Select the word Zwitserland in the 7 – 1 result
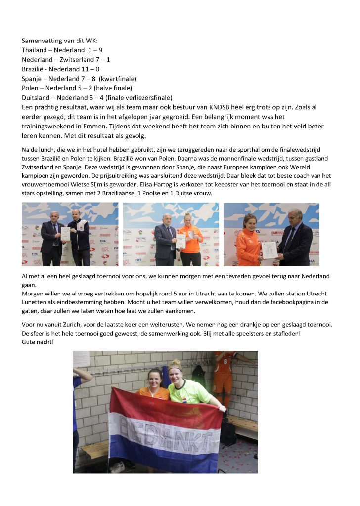click(x=79, y=59)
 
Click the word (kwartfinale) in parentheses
click(x=118, y=78)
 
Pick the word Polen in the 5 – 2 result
click(x=31, y=87)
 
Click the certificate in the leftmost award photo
click(x=65, y=234)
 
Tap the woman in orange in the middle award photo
click(x=190, y=240)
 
